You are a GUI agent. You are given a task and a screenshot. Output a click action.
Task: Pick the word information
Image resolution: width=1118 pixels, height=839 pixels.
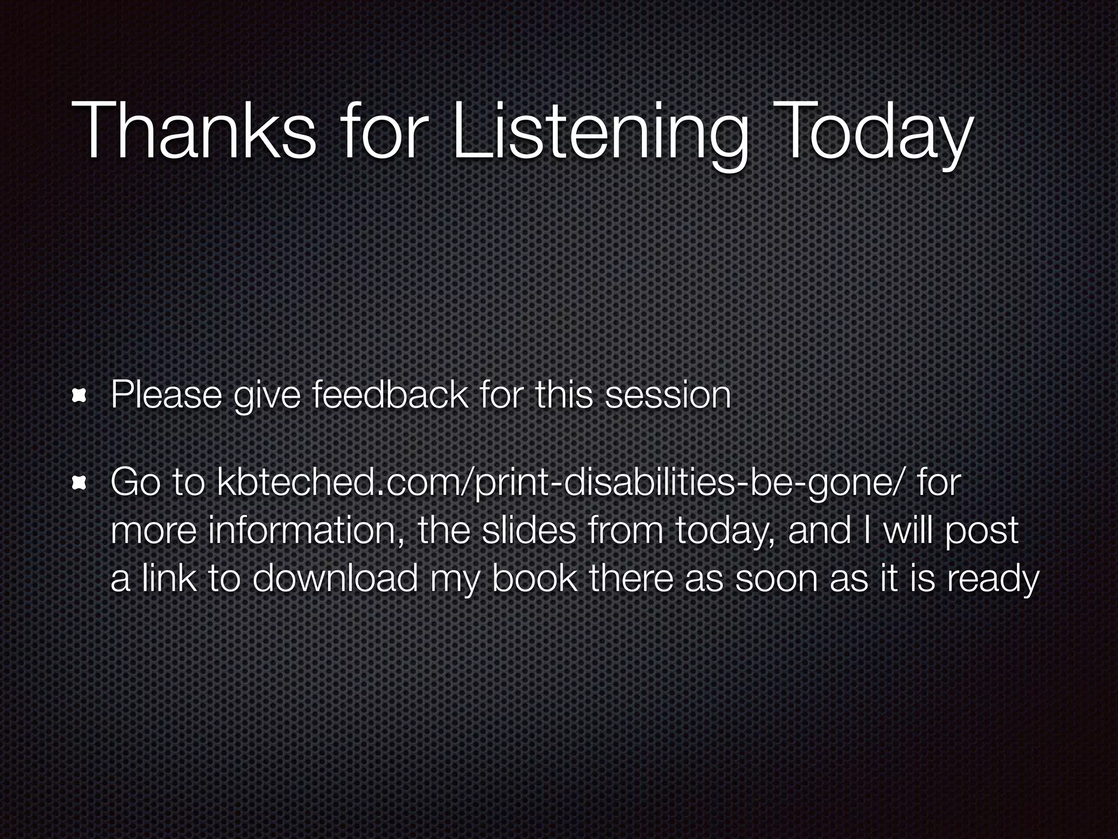tap(306, 530)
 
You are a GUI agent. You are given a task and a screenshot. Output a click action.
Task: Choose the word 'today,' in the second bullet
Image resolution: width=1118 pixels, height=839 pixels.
tap(724, 530)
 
